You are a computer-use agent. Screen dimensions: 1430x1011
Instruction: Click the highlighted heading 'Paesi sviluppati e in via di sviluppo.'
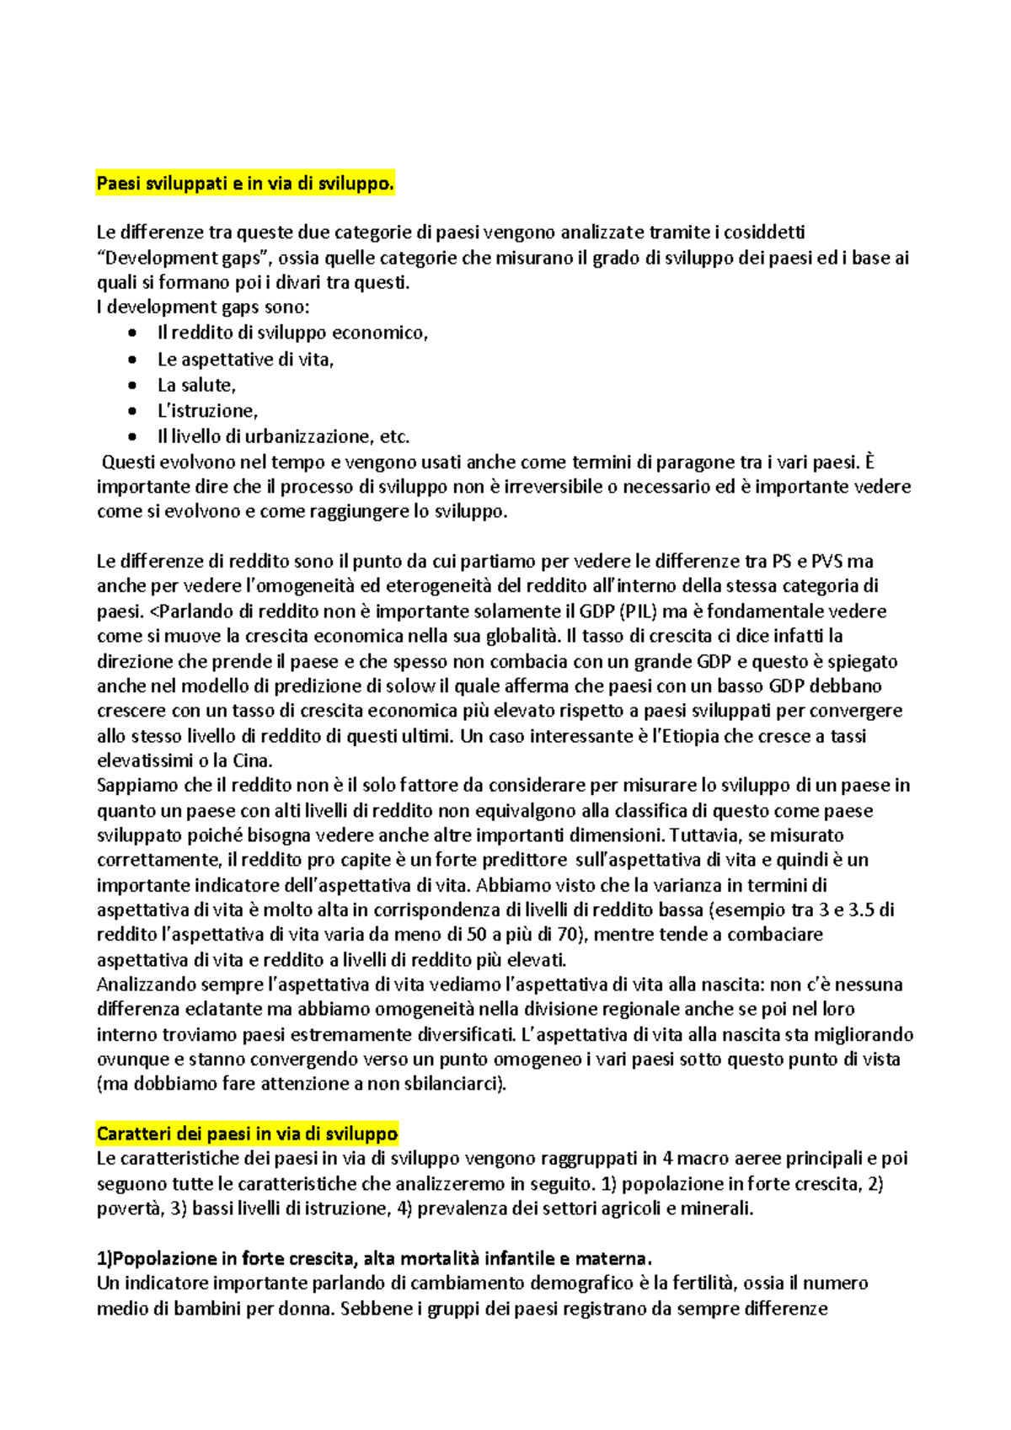pyautogui.click(x=244, y=184)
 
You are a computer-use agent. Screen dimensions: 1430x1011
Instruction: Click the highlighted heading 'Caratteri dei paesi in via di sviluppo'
pyautogui.click(x=247, y=1134)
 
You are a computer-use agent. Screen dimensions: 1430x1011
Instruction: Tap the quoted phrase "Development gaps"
pyautogui.click(x=185, y=258)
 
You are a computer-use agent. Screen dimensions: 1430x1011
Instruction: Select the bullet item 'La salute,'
pyautogui.click(x=196, y=385)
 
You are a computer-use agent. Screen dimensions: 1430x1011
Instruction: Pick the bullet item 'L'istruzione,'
pyautogui.click(x=207, y=411)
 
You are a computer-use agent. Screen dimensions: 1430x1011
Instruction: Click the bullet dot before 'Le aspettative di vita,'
pyautogui.click(x=132, y=360)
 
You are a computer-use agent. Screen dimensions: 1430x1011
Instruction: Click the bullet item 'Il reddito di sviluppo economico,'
pyautogui.click(x=292, y=333)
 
